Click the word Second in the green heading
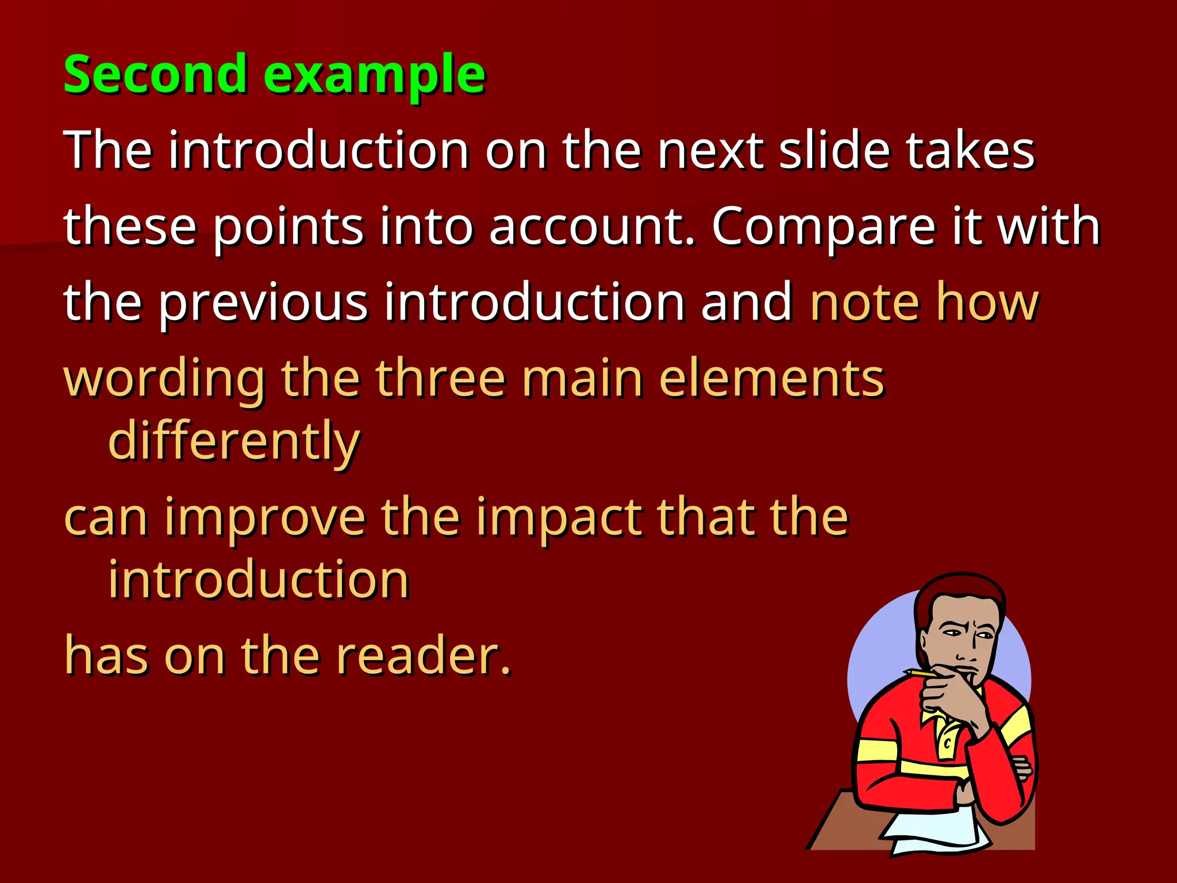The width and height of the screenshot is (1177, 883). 155,75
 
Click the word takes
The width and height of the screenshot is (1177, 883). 971,151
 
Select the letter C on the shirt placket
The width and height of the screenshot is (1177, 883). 948,743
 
